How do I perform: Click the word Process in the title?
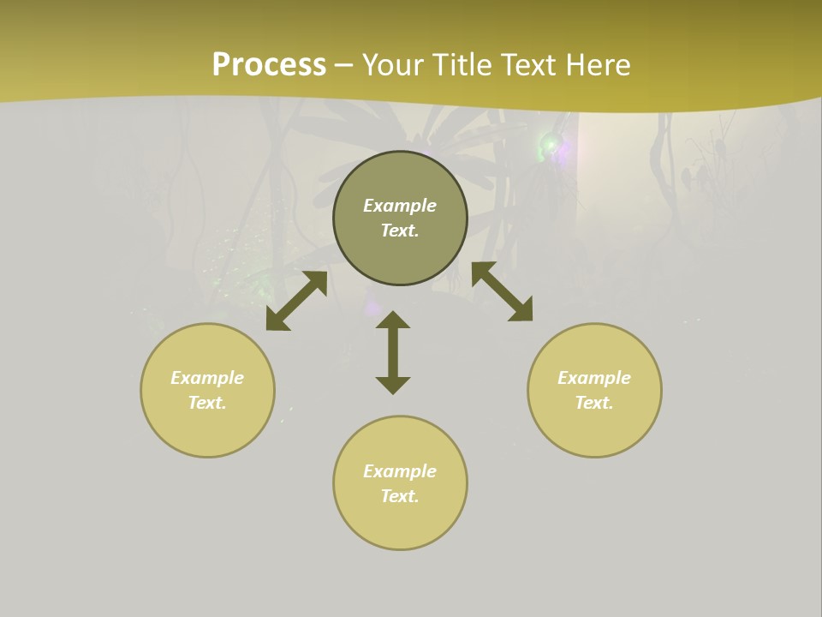(x=269, y=65)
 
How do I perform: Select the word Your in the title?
(x=394, y=65)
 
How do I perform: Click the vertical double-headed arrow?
(x=393, y=352)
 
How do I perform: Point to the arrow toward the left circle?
(x=296, y=301)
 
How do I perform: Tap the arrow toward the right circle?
(x=503, y=291)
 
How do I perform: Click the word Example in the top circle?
(x=400, y=206)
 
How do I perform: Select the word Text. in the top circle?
(x=400, y=231)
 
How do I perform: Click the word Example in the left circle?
(x=207, y=378)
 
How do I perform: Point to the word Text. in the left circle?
(x=207, y=403)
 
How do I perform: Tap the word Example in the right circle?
(x=594, y=378)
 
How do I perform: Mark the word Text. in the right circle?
(x=594, y=403)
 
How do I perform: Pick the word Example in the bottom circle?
(x=400, y=471)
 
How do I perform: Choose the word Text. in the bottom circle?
(x=400, y=496)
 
